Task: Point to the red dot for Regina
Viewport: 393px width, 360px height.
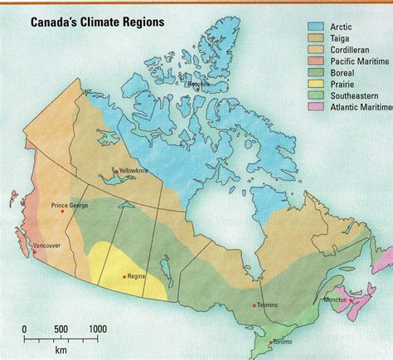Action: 124,276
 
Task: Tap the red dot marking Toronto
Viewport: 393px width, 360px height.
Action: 270,341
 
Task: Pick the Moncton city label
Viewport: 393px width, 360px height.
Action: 336,299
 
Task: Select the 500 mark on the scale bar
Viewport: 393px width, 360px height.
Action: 61,329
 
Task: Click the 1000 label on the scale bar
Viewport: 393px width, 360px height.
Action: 97,329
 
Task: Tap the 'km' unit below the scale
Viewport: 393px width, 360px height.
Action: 61,350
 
